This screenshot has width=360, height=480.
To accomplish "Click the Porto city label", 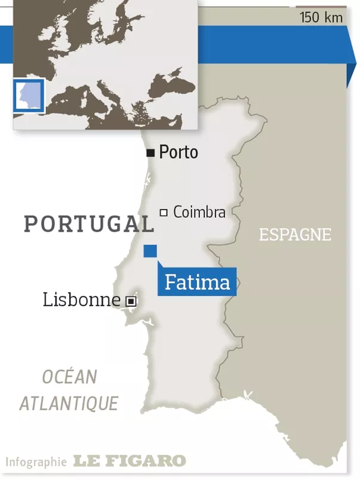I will pyautogui.click(x=178, y=153).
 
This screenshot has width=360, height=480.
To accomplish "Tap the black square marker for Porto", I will pyautogui.click(x=150, y=153).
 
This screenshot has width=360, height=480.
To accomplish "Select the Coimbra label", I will pyautogui.click(x=199, y=212).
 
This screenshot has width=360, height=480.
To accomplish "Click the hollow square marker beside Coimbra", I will pyautogui.click(x=163, y=213).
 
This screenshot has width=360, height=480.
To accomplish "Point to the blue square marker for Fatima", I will pyautogui.click(x=150, y=251).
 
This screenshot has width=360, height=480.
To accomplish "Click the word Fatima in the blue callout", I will pyautogui.click(x=197, y=282).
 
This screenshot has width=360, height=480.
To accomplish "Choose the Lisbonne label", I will pyautogui.click(x=81, y=300).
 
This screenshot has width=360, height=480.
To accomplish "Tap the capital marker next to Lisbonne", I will pyautogui.click(x=131, y=301).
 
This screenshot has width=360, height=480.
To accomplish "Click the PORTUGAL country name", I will pyautogui.click(x=88, y=224).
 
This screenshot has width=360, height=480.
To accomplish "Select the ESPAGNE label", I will pyautogui.click(x=294, y=235).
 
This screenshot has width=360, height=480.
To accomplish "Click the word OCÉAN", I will pyautogui.click(x=69, y=377).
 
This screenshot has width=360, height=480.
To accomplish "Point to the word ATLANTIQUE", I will pyautogui.click(x=69, y=403).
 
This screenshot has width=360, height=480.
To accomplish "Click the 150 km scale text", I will pyautogui.click(x=321, y=17).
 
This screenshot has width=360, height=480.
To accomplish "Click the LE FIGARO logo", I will pyautogui.click(x=129, y=461).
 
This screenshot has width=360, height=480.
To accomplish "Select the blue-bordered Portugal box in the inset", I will pyautogui.click(x=29, y=95).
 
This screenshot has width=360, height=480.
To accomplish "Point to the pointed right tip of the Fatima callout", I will pyautogui.click(x=236, y=282).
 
